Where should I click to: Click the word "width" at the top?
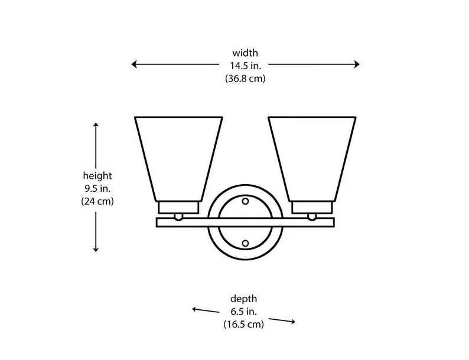click(245, 53)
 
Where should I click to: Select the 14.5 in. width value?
click(245, 66)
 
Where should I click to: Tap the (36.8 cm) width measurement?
click(245, 78)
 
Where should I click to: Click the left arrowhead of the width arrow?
click(135, 64)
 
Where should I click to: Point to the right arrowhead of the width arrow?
click(356, 64)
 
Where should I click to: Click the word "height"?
click(97, 176)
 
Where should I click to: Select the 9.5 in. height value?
click(97, 188)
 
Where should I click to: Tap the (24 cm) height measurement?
click(97, 201)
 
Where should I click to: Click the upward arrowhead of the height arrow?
click(96, 125)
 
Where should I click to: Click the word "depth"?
click(243, 299)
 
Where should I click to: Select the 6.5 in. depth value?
click(243, 312)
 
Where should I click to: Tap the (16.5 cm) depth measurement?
click(243, 324)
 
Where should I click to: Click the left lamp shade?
click(178, 156)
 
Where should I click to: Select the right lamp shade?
click(312, 156)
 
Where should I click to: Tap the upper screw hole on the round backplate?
click(245, 201)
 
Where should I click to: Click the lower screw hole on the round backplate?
click(245, 243)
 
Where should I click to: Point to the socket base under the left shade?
click(178, 208)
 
